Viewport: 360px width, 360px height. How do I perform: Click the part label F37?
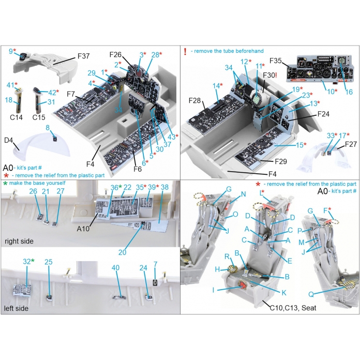84,56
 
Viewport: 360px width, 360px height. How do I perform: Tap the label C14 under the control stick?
16,117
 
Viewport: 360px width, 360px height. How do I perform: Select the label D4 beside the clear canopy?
8,140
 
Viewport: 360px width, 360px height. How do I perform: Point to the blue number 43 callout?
171,137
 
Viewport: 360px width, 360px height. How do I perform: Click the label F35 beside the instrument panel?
276,61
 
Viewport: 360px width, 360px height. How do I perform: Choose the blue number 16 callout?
349,92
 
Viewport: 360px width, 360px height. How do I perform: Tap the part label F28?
194,100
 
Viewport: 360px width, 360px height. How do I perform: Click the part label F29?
281,161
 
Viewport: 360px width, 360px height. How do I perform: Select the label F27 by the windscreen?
351,144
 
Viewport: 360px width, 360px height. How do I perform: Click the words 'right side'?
19,242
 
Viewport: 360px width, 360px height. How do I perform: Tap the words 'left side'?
16,308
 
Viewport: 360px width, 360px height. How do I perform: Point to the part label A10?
83,229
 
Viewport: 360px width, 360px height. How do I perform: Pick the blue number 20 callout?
123,252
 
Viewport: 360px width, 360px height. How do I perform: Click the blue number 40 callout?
116,268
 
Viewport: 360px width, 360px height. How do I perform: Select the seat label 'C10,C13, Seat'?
293,308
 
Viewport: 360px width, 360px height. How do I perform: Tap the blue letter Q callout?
311,294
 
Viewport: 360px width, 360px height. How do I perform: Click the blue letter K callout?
284,293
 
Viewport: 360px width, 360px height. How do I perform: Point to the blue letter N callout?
244,194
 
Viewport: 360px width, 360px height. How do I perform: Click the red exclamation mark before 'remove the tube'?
185,51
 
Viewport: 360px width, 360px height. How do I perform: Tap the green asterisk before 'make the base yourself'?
5,183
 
